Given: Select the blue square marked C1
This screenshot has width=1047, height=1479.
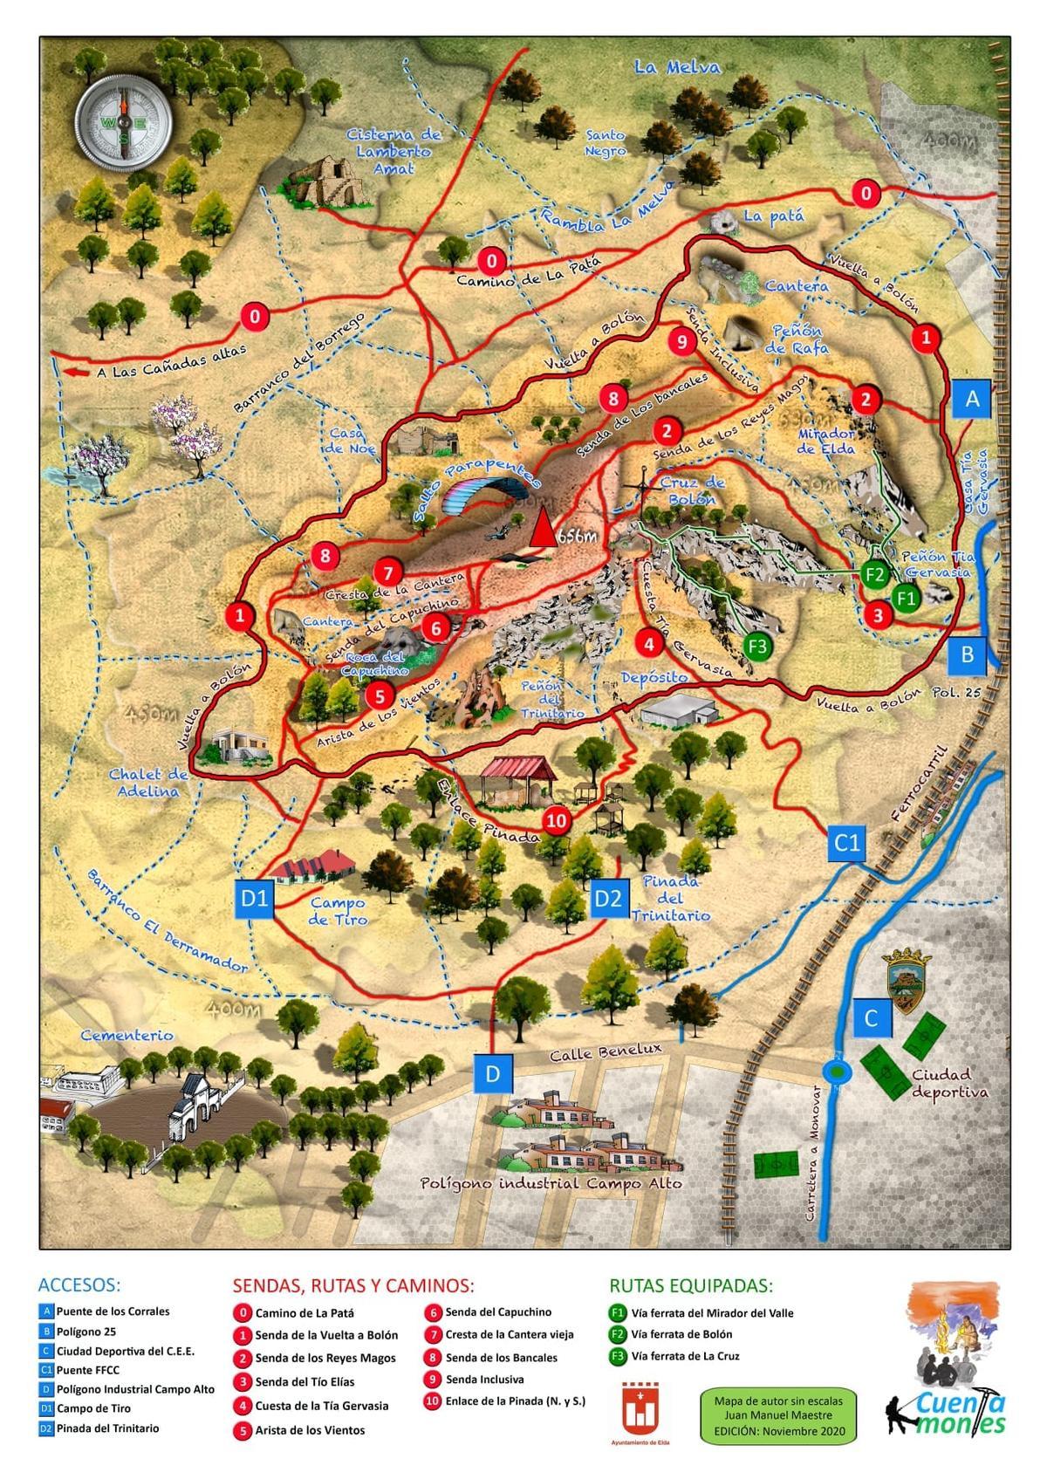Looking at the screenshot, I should (x=847, y=842).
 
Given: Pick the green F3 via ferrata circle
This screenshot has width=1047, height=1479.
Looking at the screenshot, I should (x=758, y=646).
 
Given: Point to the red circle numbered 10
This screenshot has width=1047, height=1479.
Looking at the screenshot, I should (x=557, y=820).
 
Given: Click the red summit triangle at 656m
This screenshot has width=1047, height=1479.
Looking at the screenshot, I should (x=543, y=529).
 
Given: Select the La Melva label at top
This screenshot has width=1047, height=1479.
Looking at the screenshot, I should (x=677, y=67).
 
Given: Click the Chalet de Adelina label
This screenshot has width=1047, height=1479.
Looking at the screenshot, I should (x=149, y=782).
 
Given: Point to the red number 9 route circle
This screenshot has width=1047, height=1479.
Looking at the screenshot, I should (x=682, y=341).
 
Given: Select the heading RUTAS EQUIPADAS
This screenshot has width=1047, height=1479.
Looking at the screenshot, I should (x=690, y=1285).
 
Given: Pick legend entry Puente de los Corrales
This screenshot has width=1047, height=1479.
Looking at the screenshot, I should (x=113, y=1311).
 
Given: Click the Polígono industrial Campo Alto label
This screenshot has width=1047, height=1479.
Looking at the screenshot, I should (x=551, y=1183).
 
